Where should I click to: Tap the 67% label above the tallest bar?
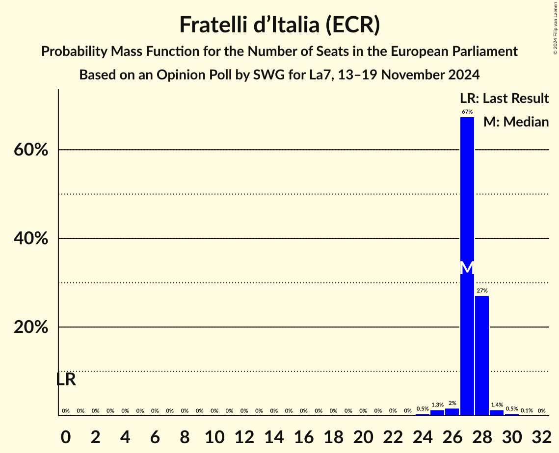[x=467, y=112]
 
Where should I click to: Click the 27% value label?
[x=482, y=291]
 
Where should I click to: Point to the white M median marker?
[x=467, y=268]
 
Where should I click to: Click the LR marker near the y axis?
[x=66, y=379]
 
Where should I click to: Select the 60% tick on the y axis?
[x=31, y=150]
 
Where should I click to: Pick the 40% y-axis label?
[x=31, y=238]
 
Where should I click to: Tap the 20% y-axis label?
[x=31, y=327]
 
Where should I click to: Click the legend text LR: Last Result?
[x=504, y=99]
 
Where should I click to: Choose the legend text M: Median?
[x=516, y=122]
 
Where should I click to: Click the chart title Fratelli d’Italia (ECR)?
[x=279, y=25]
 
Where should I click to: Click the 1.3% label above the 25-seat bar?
[x=437, y=405]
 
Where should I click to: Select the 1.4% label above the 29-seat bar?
[x=497, y=405]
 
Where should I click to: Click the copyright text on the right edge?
[x=555, y=27]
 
